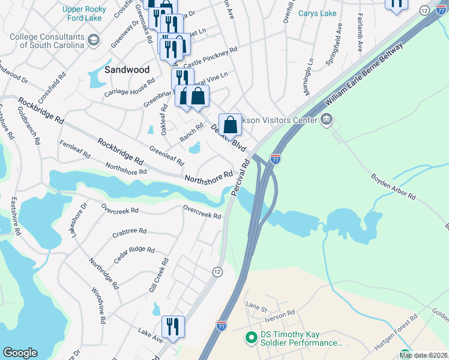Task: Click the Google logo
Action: pyautogui.click(x=20, y=353)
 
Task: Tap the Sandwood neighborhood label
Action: pyautogui.click(x=127, y=70)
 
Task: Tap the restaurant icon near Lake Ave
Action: pyautogui.click(x=173, y=326)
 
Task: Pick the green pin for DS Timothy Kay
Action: pyautogui.click(x=252, y=339)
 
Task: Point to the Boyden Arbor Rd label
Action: pyautogui.click(x=393, y=187)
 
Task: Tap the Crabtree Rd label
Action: pyautogui.click(x=129, y=231)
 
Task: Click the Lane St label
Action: pyautogui.click(x=256, y=308)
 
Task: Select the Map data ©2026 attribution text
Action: pyautogui.click(x=423, y=355)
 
